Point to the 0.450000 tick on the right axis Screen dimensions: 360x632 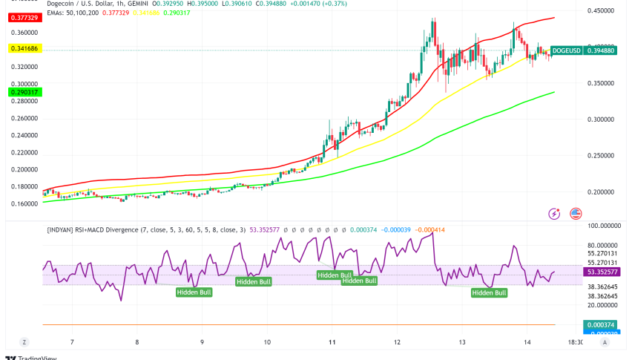[x=605, y=11]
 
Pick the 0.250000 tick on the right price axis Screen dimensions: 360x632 [x=605, y=155]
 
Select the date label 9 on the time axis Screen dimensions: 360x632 [x=203, y=342]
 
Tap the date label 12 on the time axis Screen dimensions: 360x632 [x=398, y=342]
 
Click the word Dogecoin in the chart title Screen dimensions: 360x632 [x=63, y=3]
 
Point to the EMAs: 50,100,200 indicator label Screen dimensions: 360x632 [x=73, y=12]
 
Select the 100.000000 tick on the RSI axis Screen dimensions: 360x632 [x=605, y=225]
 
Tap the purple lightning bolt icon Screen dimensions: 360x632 [x=553, y=214]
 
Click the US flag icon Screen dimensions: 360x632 [x=575, y=214]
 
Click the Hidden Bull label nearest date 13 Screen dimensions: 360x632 [x=490, y=292]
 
